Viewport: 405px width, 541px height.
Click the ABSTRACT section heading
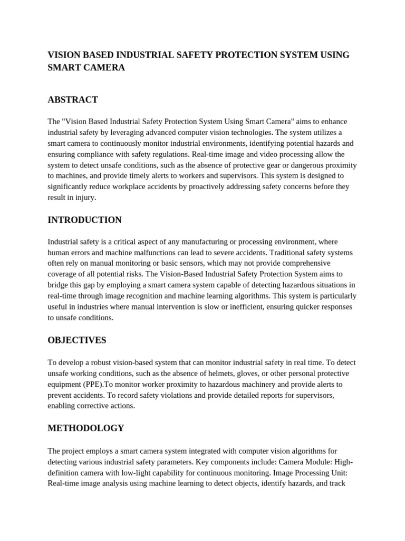coord(73,100)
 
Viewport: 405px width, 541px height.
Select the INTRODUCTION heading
coord(84,220)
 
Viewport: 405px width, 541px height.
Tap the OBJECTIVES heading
coord(76,340)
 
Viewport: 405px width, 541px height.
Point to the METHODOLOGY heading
coord(86,428)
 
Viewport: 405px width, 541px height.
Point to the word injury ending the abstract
coord(85,198)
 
